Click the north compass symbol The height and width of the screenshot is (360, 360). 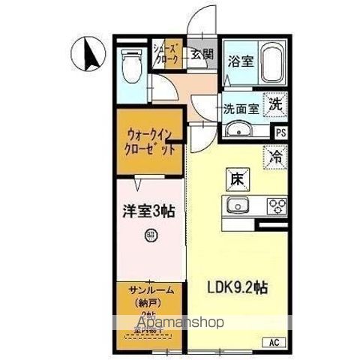[x=86, y=52]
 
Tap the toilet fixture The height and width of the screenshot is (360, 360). [x=132, y=67]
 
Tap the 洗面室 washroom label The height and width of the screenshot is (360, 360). [x=241, y=109]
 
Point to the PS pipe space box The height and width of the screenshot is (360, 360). [x=280, y=133]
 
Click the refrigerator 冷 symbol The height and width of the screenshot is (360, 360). [x=275, y=157]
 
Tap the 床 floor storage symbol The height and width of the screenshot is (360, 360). [x=235, y=179]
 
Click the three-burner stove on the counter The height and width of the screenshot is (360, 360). [x=274, y=206]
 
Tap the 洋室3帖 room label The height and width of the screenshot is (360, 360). [x=149, y=212]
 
